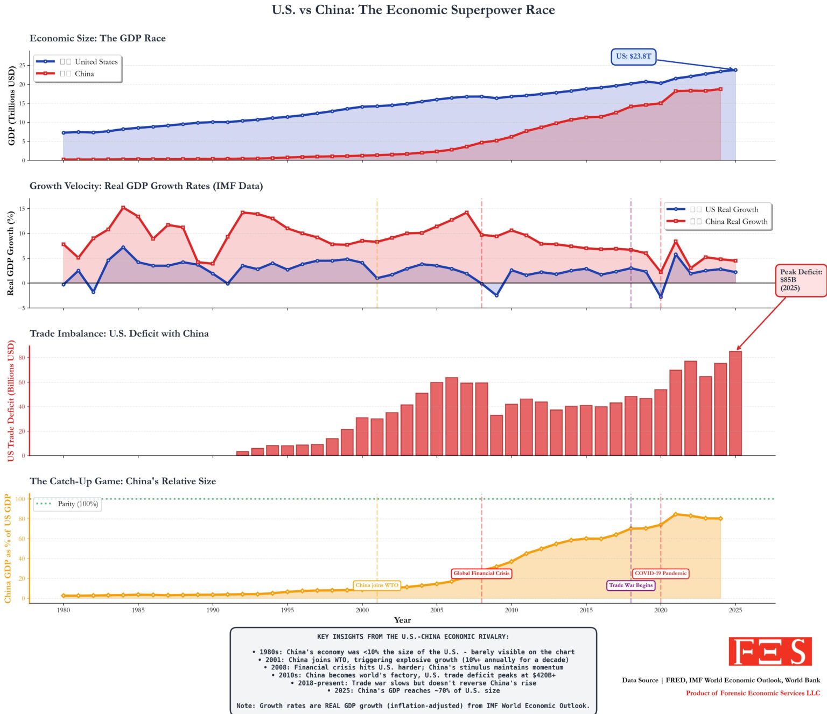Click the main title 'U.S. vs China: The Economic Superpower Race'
pos(413,10)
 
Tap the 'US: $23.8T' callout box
pos(633,56)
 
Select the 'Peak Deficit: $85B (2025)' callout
pos(801,280)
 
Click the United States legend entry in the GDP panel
pos(89,62)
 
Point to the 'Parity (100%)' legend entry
pos(78,504)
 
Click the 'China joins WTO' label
pos(377,585)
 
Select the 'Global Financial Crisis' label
pos(481,574)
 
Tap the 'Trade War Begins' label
pos(630,585)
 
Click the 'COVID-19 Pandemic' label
pos(661,574)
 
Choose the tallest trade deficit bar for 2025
pos(735,404)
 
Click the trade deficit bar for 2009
pos(496,435)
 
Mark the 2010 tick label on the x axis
pos(511,610)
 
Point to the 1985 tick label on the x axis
pos(138,610)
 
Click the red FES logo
pos(770,652)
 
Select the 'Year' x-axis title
pos(402,620)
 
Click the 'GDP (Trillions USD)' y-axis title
pos(12,105)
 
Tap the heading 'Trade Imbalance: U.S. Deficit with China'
pos(119,334)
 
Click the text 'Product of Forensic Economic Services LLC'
pos(753,693)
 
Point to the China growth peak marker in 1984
pos(123,208)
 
